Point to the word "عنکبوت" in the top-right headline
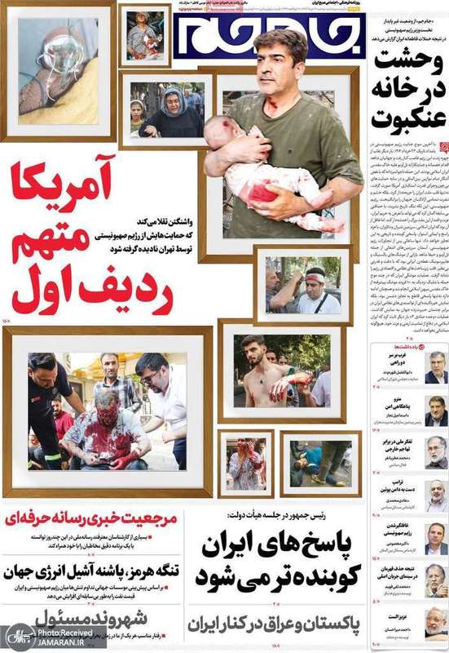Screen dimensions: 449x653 [x=408, y=115]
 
